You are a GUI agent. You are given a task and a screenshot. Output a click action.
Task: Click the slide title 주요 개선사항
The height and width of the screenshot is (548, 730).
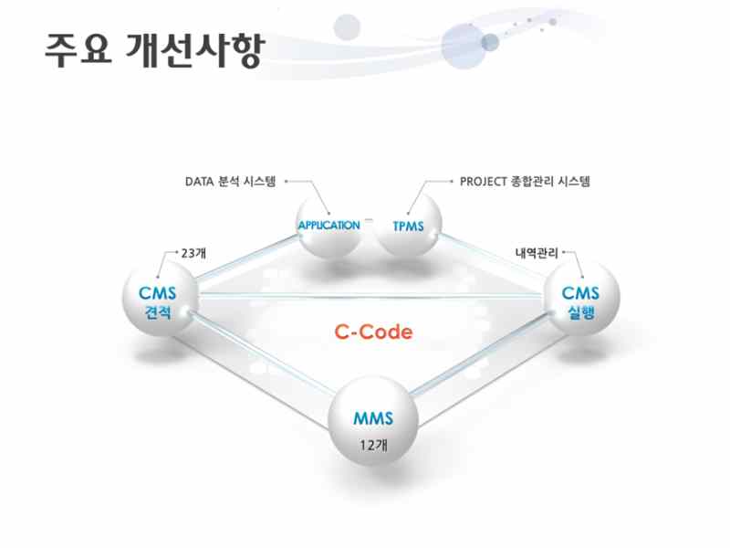(x=155, y=49)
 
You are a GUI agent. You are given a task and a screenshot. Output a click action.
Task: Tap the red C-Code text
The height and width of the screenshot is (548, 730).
(x=373, y=332)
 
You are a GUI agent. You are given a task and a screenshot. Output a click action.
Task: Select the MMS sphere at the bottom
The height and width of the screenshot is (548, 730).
(x=373, y=419)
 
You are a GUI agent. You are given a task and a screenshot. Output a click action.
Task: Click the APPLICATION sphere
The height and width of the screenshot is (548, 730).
(x=329, y=226)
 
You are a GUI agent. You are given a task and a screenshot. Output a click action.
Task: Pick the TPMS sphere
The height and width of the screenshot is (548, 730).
(x=408, y=226)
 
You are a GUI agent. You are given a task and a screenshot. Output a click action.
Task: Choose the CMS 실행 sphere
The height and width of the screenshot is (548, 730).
(x=581, y=299)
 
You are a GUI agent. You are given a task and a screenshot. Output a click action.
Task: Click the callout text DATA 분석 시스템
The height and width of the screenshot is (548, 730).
(x=231, y=181)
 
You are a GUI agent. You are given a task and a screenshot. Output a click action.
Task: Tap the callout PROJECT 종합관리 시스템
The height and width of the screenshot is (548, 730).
(x=525, y=181)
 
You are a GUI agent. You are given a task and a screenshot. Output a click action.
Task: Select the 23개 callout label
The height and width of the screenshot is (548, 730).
(x=193, y=254)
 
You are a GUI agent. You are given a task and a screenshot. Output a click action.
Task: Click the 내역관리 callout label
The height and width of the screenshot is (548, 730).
(x=537, y=253)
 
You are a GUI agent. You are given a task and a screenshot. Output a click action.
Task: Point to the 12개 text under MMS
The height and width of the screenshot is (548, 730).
(x=373, y=445)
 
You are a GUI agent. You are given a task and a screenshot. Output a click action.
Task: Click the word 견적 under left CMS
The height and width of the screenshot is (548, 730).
(x=158, y=312)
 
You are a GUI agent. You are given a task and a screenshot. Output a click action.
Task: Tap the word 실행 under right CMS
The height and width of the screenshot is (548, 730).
(x=581, y=312)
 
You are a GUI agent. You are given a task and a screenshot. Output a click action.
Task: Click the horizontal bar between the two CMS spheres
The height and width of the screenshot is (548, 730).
(x=371, y=295)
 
